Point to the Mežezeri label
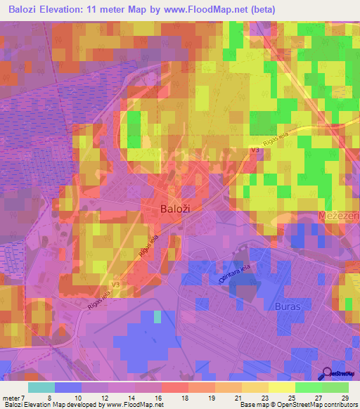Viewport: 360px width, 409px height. coord(338,216)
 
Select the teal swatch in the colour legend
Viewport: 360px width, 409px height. coord(41,387)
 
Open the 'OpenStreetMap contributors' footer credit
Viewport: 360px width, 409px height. coord(321,405)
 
